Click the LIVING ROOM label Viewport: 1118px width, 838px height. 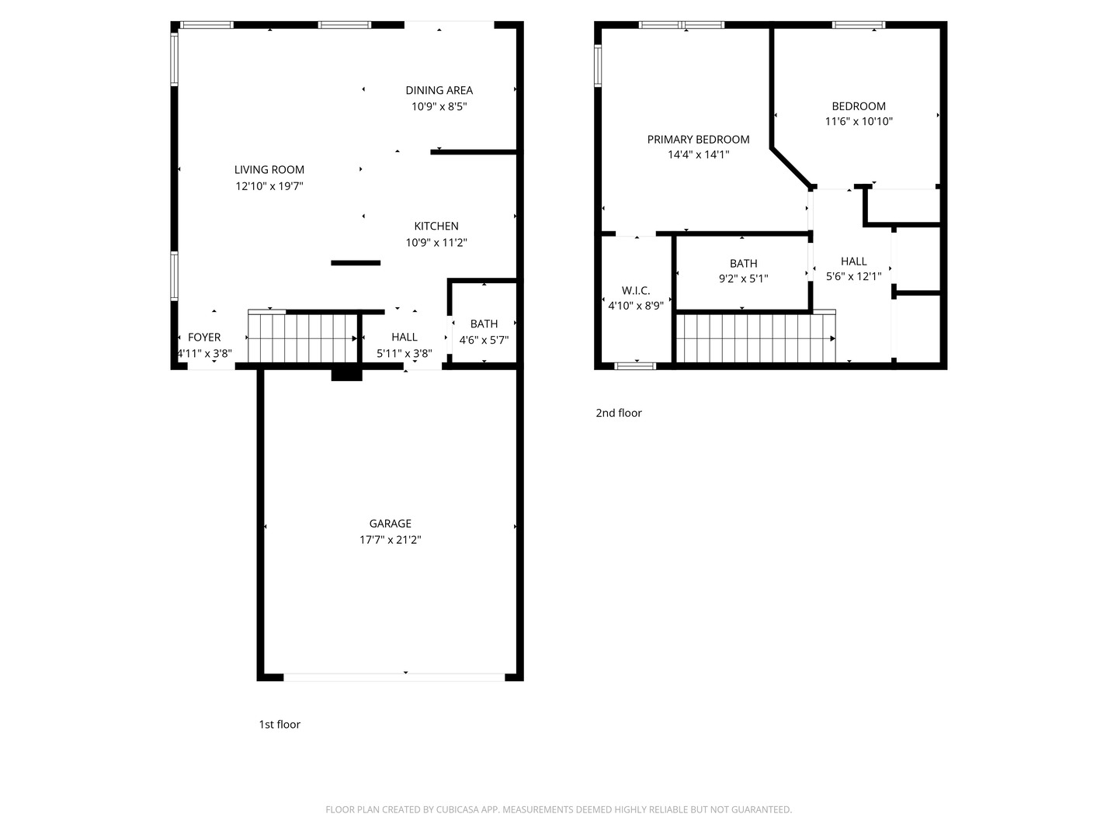click(x=269, y=170)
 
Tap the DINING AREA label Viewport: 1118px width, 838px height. click(x=439, y=91)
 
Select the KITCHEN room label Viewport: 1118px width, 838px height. click(x=436, y=227)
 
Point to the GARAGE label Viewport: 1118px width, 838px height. click(x=391, y=524)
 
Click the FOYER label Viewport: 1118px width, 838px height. click(x=204, y=338)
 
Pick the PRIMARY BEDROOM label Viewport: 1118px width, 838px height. click(x=698, y=140)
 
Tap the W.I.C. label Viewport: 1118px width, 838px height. click(x=636, y=290)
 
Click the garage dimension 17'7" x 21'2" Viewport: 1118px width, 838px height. click(x=391, y=540)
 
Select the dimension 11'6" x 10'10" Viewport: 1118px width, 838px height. click(x=859, y=122)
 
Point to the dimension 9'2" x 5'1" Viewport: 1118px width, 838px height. click(x=743, y=279)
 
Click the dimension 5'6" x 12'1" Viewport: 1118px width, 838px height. click(x=854, y=277)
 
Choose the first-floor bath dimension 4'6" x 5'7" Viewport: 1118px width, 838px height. click(x=484, y=340)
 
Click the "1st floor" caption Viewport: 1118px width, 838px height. click(x=279, y=725)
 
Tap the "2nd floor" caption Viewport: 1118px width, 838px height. click(x=618, y=413)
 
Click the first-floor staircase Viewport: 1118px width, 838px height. click(x=303, y=338)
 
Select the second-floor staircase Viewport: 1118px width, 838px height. click(x=756, y=338)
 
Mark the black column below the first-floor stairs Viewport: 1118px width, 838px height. click(x=346, y=375)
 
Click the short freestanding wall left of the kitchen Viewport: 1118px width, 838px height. click(x=356, y=263)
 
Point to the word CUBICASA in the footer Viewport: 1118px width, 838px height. click(x=457, y=809)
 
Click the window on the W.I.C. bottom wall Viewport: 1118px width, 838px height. click(x=635, y=365)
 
